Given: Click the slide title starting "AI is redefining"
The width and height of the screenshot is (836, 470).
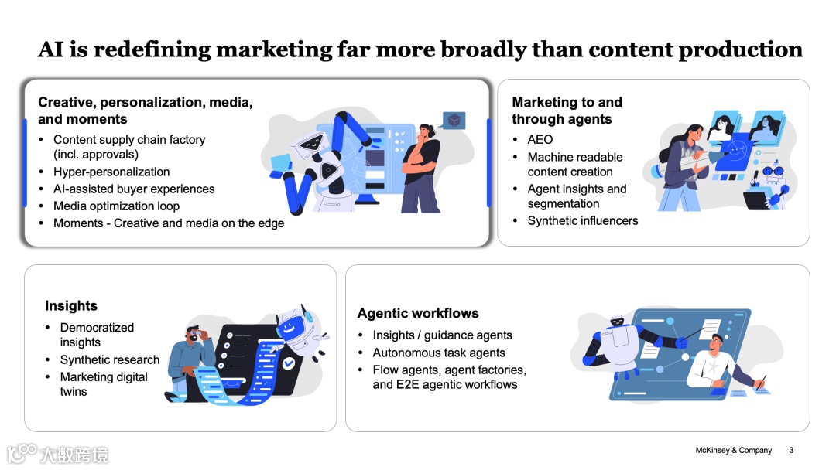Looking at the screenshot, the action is [420, 49].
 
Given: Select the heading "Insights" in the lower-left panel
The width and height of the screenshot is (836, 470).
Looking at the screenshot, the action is [71, 305].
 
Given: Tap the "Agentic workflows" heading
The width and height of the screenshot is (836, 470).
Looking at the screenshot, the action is [418, 313].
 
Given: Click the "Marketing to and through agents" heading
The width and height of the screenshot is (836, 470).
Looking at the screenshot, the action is [567, 111].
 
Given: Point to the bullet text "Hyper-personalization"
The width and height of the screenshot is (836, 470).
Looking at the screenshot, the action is [111, 172].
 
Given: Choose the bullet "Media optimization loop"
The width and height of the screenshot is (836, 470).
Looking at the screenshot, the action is [116, 206].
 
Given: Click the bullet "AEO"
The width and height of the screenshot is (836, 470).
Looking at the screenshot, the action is [540, 139].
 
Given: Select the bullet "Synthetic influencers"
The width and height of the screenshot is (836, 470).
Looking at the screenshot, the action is [583, 220].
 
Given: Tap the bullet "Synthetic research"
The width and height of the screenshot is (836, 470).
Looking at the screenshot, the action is [110, 359].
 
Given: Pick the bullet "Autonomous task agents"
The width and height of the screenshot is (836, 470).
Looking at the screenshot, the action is [439, 352].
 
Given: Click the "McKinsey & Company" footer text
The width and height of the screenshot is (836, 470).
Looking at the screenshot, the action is [733, 450].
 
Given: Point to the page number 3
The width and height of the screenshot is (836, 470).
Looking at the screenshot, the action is [791, 450].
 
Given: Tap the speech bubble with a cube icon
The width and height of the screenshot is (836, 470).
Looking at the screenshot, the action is [454, 121].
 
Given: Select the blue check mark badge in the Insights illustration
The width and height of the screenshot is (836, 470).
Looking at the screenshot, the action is [288, 362].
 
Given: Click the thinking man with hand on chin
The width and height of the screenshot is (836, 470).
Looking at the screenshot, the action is [421, 166].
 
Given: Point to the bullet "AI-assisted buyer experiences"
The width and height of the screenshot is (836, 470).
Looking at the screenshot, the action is [134, 189].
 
